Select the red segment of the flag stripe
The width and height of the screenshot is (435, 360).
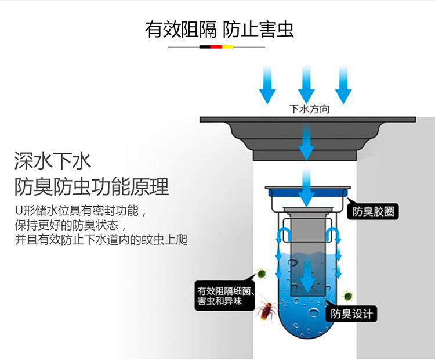(217, 46)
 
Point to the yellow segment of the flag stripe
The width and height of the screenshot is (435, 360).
(228, 46)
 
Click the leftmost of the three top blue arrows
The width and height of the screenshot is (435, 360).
(267, 85)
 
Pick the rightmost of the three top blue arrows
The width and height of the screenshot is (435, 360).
(343, 85)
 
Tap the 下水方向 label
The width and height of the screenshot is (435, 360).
(309, 109)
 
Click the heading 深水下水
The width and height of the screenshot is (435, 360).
(53, 160)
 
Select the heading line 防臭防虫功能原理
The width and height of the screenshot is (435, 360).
(92, 187)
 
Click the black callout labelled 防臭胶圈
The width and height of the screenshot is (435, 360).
(373, 211)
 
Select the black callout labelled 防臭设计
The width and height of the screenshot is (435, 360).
(351, 315)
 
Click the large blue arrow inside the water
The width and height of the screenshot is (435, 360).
(306, 273)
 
